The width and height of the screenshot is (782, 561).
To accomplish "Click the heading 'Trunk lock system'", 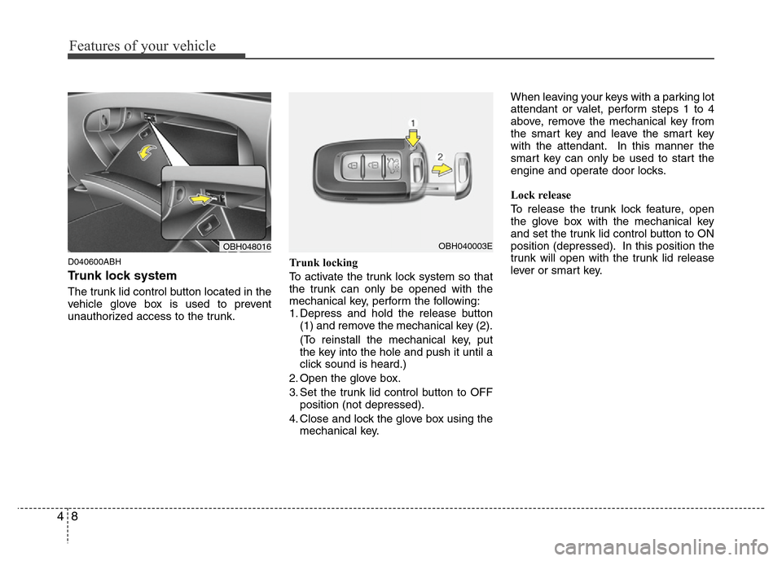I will [122, 276].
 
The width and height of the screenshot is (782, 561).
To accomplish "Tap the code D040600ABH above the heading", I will [94, 262].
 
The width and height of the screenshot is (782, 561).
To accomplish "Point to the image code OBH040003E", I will [463, 246].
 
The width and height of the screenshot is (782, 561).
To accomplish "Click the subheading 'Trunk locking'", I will [323, 263].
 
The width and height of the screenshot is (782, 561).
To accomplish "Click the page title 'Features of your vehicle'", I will [143, 46].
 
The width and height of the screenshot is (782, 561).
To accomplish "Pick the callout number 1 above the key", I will [412, 123].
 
